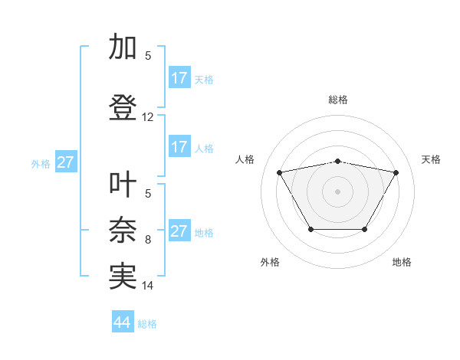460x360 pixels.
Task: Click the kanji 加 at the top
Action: pos(123,47)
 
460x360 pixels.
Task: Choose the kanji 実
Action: pos(123,277)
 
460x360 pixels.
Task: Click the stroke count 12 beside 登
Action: pos(148,117)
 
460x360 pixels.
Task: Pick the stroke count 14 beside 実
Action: pos(148,286)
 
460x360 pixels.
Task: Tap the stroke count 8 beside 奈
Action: pos(148,240)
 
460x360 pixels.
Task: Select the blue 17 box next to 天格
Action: pos(179,78)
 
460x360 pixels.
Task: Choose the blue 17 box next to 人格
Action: pos(179,147)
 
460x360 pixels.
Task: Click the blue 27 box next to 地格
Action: pos(179,231)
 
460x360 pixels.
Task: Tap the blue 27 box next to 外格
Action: pos(65,162)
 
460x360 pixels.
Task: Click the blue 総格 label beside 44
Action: pos(147,324)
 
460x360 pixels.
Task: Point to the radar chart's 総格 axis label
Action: pos(338,100)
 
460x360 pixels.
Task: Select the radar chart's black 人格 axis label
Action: pos(245,159)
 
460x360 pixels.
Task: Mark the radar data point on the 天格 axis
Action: pos(396,172)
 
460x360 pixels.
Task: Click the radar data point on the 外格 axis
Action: pos(310,229)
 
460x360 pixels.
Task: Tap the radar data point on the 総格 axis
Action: pos(338,161)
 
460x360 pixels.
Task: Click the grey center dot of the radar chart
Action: pos(338,191)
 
